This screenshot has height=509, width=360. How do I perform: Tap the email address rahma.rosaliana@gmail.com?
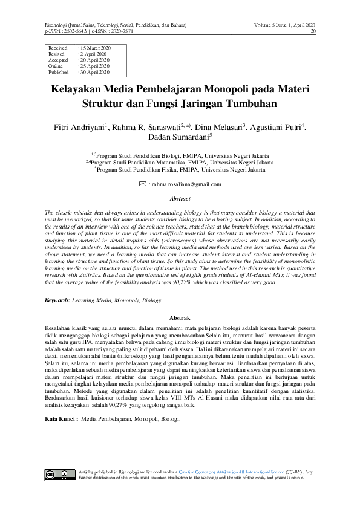pyautogui.click(x=188, y=184)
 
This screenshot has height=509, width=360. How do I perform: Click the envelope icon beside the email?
pyautogui.click(x=142, y=184)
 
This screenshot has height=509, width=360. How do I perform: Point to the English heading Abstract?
pyautogui.click(x=180, y=199)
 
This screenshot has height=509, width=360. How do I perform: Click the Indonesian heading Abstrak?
pyautogui.click(x=180, y=317)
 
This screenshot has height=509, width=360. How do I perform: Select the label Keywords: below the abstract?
pyautogui.click(x=57, y=300)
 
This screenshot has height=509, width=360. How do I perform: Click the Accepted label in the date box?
pyautogui.click(x=58, y=59)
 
